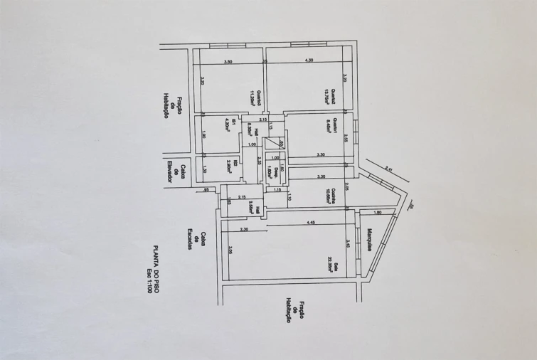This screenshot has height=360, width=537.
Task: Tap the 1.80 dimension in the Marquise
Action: click(377, 213)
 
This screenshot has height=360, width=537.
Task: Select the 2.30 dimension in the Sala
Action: click(244, 229)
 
